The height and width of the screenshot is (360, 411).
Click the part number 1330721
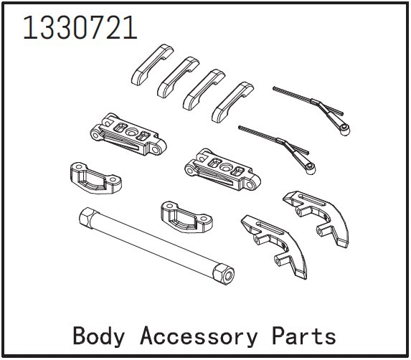[x=80, y=27]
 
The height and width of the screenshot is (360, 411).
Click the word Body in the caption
[x=98, y=336]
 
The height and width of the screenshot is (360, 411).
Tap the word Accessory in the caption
[x=199, y=336]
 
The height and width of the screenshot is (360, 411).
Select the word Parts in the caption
[x=303, y=336]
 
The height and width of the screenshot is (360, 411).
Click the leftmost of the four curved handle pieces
[x=151, y=65]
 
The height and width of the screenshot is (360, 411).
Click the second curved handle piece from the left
[x=177, y=77]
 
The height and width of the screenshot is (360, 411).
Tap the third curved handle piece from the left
[x=204, y=90]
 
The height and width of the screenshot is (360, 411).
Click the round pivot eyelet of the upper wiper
[x=345, y=128]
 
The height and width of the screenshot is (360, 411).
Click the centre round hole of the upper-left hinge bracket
[x=131, y=132]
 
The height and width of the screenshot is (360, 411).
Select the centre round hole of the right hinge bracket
[x=226, y=167]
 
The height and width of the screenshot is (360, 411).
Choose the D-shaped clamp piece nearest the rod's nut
[x=186, y=217]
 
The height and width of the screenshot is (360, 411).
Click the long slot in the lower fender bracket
[x=270, y=229]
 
